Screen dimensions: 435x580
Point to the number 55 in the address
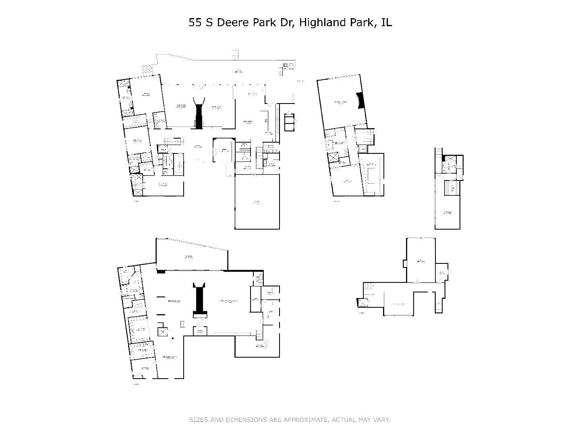[195, 23]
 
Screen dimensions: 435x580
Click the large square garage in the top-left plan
[257, 201]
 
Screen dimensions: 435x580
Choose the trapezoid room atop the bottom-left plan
[189, 256]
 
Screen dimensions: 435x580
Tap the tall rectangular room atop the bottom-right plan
[420, 260]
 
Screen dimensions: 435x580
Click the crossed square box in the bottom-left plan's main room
[162, 331]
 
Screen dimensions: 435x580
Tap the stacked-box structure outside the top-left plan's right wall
[290, 122]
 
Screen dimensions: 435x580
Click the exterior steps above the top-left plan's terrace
[235, 55]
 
